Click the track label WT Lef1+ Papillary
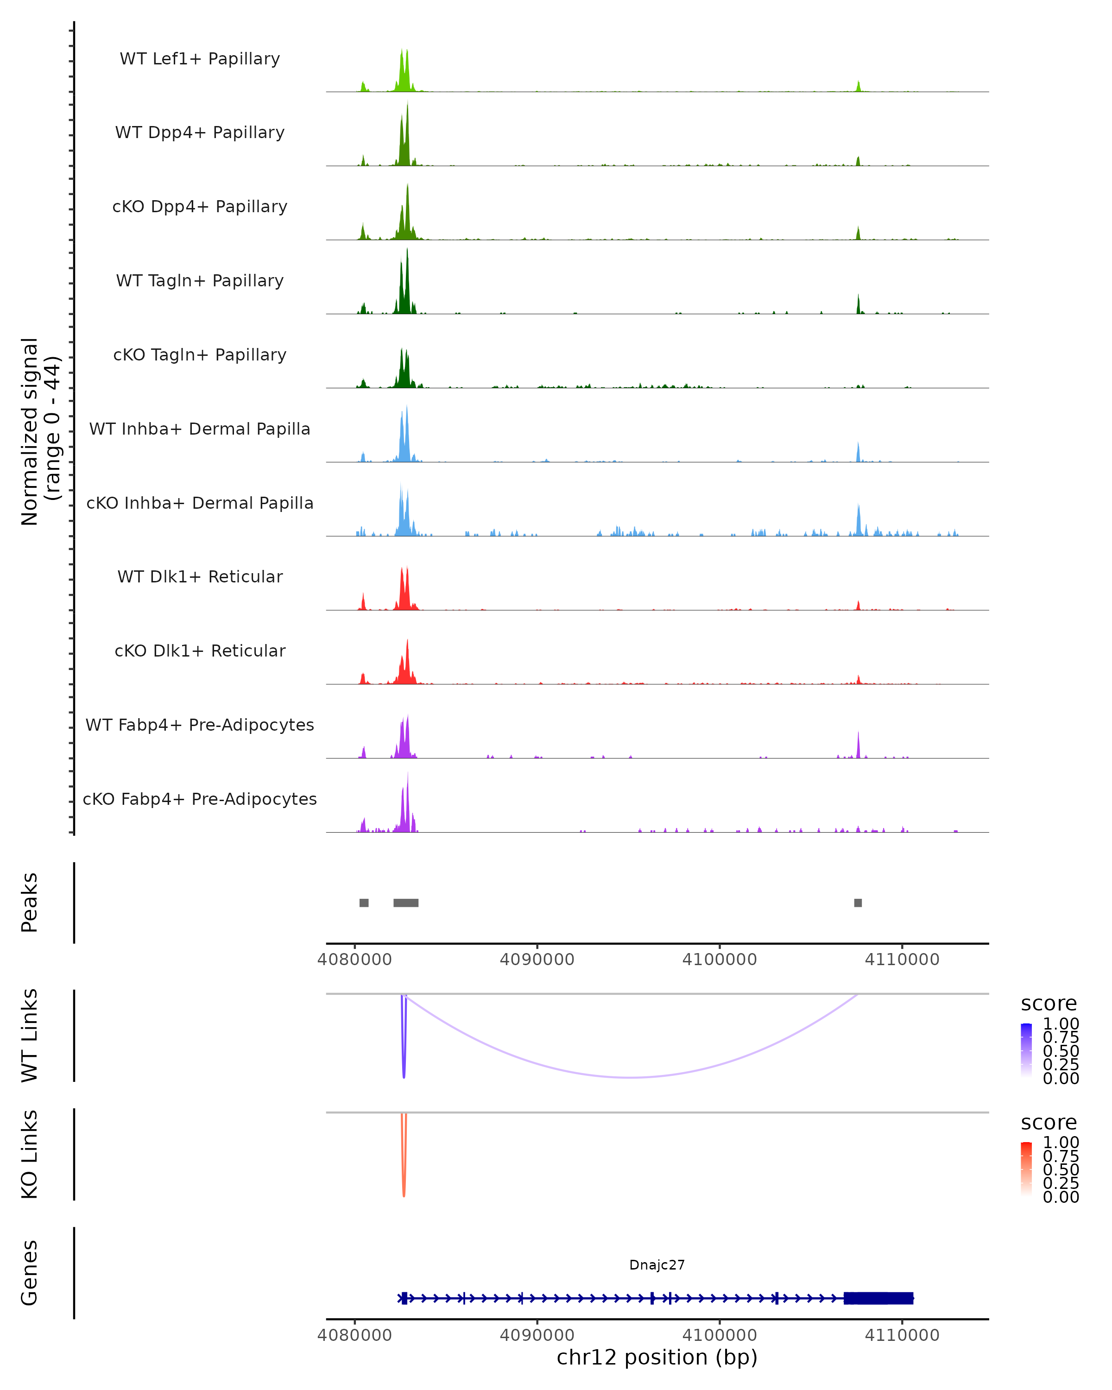click(x=200, y=59)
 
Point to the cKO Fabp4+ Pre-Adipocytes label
click(x=200, y=799)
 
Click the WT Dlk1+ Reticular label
click(x=200, y=576)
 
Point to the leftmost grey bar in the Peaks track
click(x=364, y=903)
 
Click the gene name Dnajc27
click(x=657, y=1265)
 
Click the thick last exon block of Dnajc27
click(x=878, y=1298)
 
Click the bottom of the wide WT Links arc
click(x=632, y=1077)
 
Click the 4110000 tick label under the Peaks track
click(x=902, y=960)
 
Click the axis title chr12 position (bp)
click(x=657, y=1357)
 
